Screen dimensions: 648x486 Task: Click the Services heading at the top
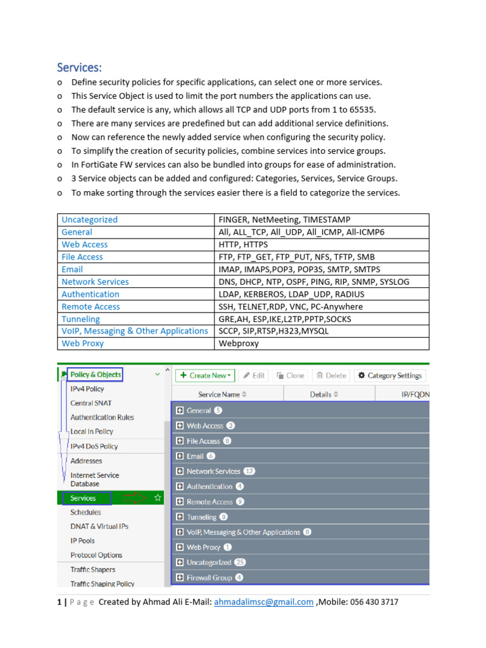tap(79, 67)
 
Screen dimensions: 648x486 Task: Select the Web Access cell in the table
tap(85, 244)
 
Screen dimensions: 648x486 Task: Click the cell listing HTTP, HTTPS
tap(244, 244)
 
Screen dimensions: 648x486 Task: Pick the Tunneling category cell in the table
tap(80, 319)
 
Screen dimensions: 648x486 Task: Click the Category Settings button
tap(390, 375)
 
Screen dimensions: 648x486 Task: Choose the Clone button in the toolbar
tap(290, 375)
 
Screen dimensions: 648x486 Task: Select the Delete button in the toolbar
tap(331, 375)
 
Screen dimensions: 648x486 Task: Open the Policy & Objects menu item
tap(95, 375)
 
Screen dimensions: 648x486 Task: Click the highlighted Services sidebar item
tap(84, 499)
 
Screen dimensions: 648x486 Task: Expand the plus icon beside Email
tap(180, 456)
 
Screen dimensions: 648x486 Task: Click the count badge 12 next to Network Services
tap(249, 471)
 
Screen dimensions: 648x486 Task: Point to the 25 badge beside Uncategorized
tap(240, 563)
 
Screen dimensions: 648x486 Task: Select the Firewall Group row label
tap(209, 578)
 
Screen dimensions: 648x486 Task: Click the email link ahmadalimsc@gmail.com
tap(264, 602)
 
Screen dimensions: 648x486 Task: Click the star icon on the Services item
tap(158, 499)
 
